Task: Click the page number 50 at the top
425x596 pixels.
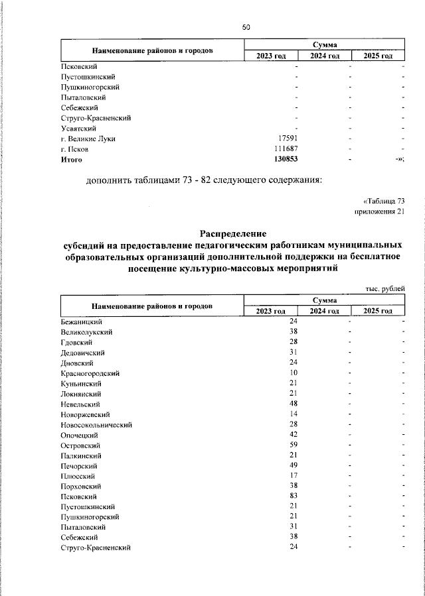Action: (246, 27)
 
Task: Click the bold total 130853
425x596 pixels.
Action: (286, 160)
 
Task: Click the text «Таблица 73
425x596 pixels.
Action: (384, 200)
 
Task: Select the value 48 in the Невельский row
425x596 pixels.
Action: (293, 404)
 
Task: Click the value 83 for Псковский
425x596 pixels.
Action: (293, 496)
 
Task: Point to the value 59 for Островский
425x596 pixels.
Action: (293, 445)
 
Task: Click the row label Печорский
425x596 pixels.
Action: (79, 465)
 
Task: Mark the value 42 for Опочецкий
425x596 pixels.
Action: (293, 435)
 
